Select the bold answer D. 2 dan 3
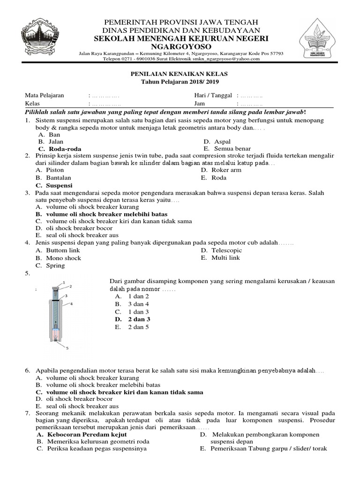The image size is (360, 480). pos(133,319)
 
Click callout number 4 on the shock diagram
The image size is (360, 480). pos(71,304)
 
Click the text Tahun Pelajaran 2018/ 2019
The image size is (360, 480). pos(180,82)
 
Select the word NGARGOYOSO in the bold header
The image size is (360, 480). pos(180,47)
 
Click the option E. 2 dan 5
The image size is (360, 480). pos(132,327)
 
